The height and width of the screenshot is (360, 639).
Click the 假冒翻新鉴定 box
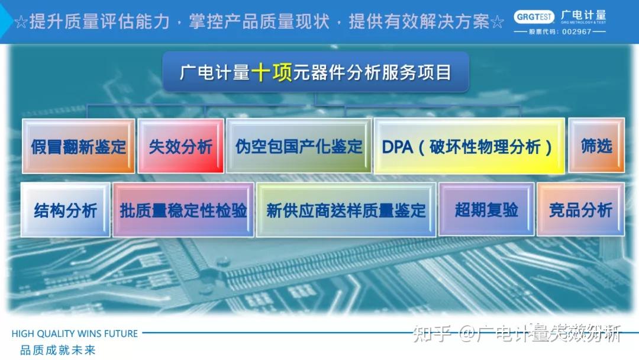click(x=78, y=146)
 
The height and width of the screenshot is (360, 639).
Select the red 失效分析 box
click(x=180, y=146)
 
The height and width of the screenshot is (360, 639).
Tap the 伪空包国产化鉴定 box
click(x=299, y=146)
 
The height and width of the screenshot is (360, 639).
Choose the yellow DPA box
click(x=468, y=146)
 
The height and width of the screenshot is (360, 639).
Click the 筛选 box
click(x=596, y=146)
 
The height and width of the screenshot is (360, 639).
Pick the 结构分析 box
click(x=65, y=210)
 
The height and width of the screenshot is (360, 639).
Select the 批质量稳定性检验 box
click(x=183, y=210)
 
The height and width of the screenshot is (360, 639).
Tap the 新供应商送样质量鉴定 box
click(x=346, y=210)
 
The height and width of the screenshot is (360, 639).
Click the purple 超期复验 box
click(x=486, y=210)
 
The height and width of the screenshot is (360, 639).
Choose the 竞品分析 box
click(x=580, y=210)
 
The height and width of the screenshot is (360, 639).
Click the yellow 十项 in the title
click(x=271, y=72)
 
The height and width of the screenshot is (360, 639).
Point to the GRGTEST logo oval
click(x=534, y=17)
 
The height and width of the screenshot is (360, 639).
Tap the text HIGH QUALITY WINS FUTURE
click(x=75, y=334)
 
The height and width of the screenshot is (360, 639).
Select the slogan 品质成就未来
click(x=57, y=350)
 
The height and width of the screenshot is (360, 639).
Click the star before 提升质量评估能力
click(x=21, y=23)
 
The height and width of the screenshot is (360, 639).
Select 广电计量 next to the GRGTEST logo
click(x=583, y=15)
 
